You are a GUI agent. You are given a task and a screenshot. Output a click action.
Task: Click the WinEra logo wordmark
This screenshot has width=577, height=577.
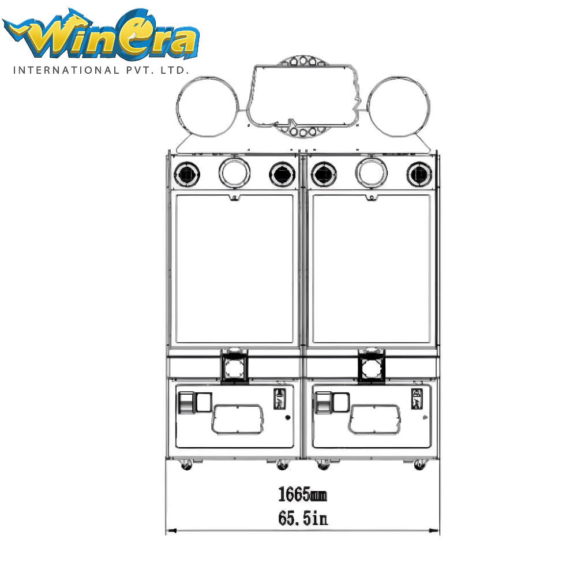(x=101, y=34)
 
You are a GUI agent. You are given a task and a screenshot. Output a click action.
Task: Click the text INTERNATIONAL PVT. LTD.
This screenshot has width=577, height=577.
(x=101, y=70)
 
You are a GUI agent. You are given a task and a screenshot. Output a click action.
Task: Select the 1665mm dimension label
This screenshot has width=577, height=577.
(x=302, y=494)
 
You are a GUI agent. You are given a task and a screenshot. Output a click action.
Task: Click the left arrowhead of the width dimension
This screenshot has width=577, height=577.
(x=171, y=531)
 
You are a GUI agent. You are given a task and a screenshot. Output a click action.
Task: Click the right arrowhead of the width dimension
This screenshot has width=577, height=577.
(x=434, y=531)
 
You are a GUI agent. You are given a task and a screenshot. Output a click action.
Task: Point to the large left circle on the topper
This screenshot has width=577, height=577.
(x=177, y=107)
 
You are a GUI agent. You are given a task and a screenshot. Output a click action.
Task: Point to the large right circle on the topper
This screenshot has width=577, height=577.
(x=429, y=107)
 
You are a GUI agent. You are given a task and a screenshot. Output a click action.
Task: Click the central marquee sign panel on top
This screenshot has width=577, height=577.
(x=302, y=66)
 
